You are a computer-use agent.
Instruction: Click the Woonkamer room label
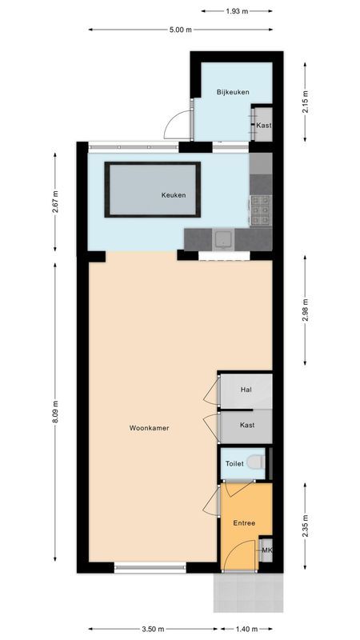(149, 428)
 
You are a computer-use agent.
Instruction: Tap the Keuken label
(174, 195)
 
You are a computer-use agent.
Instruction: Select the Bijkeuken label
(233, 92)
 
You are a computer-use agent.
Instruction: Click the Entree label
(244, 522)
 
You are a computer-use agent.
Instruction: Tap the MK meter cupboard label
(266, 550)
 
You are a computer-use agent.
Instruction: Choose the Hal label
(246, 390)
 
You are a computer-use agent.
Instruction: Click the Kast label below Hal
(247, 425)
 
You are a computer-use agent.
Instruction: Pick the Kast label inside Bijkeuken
(263, 126)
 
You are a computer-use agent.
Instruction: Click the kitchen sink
(223, 238)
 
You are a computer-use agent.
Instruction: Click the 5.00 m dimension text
(180, 30)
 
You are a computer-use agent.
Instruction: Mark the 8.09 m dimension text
(55, 414)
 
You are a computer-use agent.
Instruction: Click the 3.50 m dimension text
(149, 629)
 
